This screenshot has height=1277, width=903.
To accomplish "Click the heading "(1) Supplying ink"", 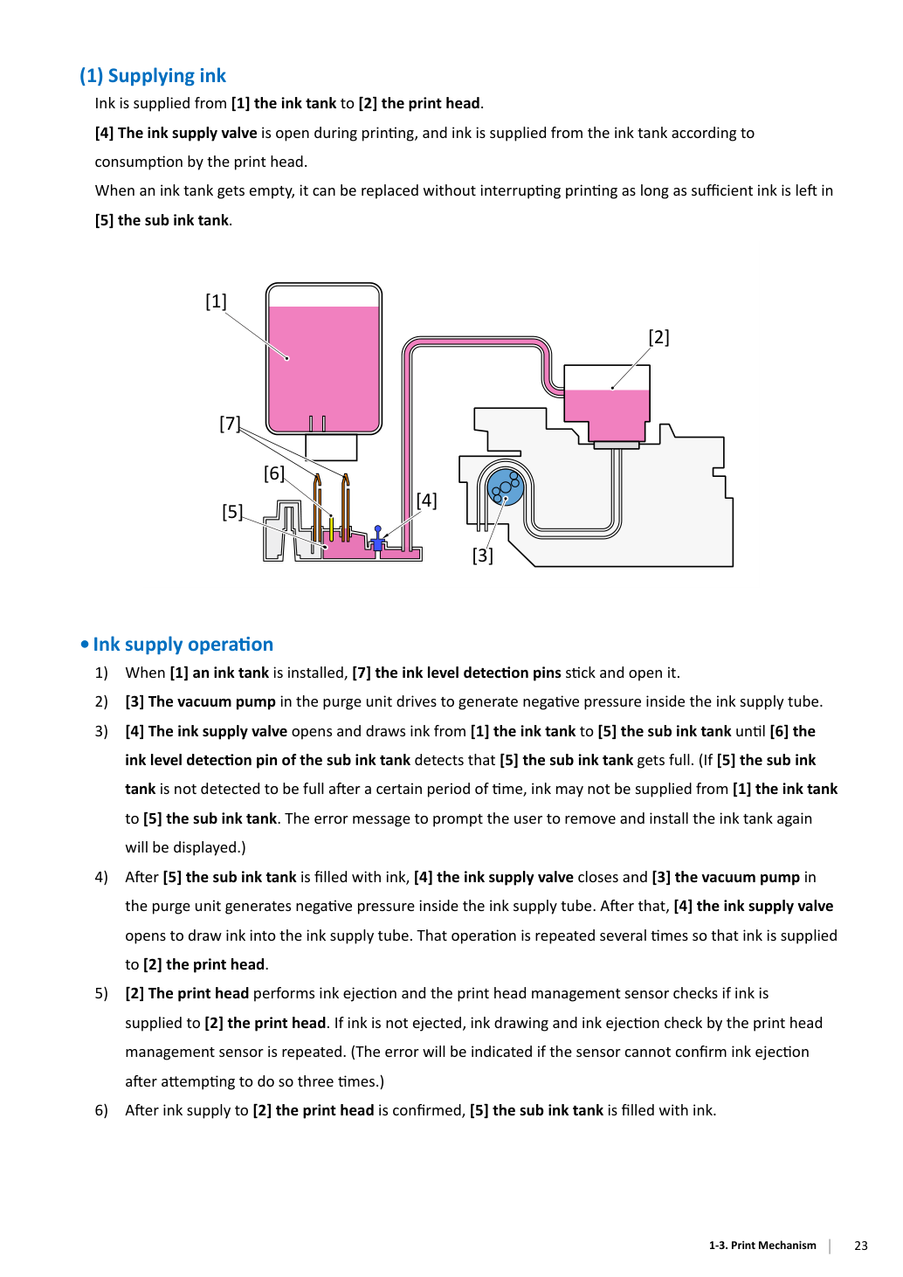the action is coord(152,76).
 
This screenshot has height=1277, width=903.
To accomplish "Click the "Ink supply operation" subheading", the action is coord(183,645).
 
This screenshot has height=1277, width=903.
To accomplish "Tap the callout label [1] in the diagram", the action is coord(216,301).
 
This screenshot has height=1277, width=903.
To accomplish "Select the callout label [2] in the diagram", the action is coord(659,337).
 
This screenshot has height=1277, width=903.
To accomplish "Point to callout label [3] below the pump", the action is coord(482,555).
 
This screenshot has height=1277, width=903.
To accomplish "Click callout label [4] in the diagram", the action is coord(426,500).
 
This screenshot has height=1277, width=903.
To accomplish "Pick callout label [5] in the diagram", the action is coord(232,512).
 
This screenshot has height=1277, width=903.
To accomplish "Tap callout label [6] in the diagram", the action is coord(273,473).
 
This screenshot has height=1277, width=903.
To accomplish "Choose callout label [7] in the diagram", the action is coord(230,424).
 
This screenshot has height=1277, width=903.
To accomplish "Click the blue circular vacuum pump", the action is coord(505,487).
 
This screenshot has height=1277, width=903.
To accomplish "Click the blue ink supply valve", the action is coord(377,539).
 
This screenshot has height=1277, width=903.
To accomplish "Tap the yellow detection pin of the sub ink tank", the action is coord(331,528).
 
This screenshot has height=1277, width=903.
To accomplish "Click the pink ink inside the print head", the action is coord(607,414).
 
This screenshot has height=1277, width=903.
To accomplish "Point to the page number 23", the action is coord(861,1246).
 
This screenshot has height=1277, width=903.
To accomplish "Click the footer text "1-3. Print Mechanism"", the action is coord(762,1245).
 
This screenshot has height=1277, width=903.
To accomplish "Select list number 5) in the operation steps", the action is coord(101,994).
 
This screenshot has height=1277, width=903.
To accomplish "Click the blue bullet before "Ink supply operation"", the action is coord(85,645).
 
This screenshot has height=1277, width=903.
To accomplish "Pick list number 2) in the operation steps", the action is coord(101,701).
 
